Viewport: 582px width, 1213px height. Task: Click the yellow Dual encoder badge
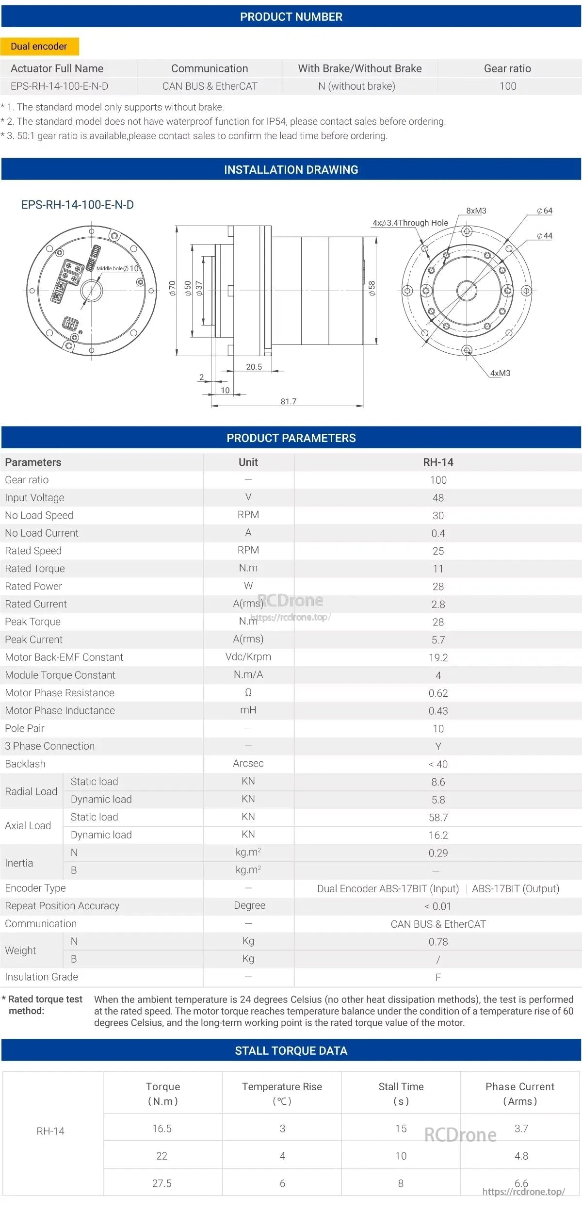[39, 47]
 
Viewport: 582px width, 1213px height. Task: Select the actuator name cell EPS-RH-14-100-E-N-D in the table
[60, 86]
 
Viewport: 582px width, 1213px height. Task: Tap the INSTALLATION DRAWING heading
[291, 170]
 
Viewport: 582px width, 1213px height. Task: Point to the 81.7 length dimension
[288, 401]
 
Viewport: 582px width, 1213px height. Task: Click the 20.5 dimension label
[254, 367]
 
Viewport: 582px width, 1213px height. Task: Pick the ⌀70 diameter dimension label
[172, 288]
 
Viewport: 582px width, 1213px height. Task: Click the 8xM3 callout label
[476, 211]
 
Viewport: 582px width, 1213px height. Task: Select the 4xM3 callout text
[500, 373]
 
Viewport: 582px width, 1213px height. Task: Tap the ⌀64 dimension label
[545, 211]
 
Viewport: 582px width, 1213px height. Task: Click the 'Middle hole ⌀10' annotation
[117, 268]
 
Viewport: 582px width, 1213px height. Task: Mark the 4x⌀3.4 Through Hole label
[410, 223]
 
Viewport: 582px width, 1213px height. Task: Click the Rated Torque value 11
[438, 569]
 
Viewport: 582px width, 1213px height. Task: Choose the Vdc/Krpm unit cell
[248, 657]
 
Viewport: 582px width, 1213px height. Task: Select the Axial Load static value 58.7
[438, 818]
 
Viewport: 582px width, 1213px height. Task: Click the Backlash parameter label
[25, 764]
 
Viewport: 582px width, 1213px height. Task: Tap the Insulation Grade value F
[438, 977]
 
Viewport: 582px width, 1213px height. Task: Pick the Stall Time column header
[401, 1093]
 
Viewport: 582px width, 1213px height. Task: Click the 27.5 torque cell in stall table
[162, 1183]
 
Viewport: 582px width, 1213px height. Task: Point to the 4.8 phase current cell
[521, 1156]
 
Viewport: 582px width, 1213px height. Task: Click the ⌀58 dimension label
[372, 288]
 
